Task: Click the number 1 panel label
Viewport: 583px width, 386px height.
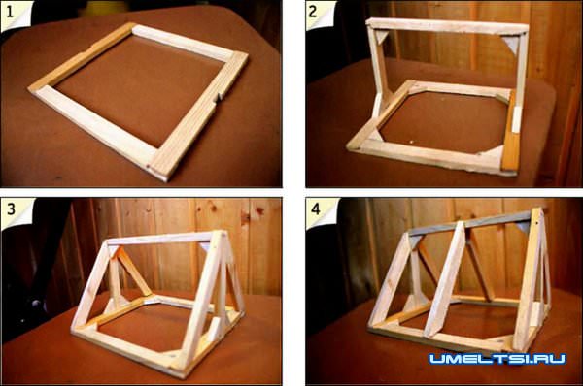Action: coord(10,12)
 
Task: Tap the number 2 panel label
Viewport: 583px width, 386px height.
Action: coord(313,12)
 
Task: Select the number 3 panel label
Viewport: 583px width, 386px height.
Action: coord(11,209)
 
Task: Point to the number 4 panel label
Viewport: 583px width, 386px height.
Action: coord(315,209)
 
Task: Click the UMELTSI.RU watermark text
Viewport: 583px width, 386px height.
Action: coord(497,359)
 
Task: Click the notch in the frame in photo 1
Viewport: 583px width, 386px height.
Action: coord(220,97)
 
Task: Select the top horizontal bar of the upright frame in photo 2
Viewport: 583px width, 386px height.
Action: coord(447,26)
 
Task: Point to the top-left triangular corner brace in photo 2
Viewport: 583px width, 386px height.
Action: coord(381,37)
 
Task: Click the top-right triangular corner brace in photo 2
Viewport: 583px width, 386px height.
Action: coord(511,44)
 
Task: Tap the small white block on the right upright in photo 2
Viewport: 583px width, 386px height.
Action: coord(516,119)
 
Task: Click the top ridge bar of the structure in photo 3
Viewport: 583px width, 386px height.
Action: coord(162,239)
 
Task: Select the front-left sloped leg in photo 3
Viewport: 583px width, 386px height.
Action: coord(90,285)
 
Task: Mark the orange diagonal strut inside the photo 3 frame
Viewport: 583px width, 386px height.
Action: coord(133,271)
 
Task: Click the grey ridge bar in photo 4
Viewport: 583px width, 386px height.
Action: coord(470,223)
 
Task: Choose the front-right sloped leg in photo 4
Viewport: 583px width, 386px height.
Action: coord(528,279)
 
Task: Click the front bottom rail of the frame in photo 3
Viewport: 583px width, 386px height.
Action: coord(127,350)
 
